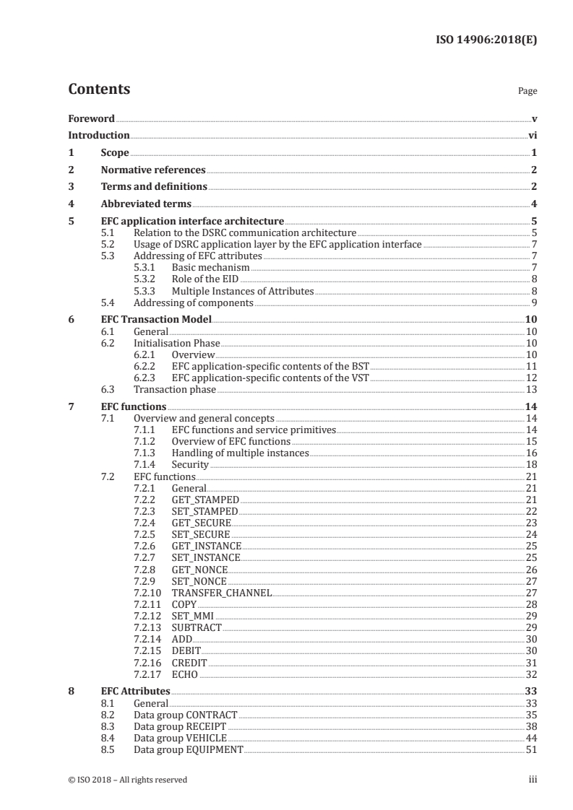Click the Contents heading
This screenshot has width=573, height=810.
[x=99, y=90]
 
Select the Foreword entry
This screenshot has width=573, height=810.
[x=91, y=118]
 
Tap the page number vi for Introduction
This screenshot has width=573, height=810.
[x=532, y=135]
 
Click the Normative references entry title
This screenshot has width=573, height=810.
[x=153, y=170]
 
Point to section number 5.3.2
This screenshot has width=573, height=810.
[x=145, y=279]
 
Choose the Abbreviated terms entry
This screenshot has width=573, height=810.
[x=146, y=204]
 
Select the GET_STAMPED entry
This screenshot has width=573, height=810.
[x=205, y=500]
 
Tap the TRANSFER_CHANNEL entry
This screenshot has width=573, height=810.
[x=222, y=593]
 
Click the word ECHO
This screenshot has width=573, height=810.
[x=185, y=674]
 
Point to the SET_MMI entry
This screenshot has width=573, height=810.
[x=193, y=616]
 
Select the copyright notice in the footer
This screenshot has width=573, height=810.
[x=127, y=780]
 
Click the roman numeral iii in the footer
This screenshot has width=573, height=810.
[x=533, y=780]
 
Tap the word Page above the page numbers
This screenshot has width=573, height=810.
[x=527, y=92]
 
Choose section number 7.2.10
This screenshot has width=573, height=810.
[x=147, y=593]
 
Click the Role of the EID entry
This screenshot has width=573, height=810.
[x=204, y=279]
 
